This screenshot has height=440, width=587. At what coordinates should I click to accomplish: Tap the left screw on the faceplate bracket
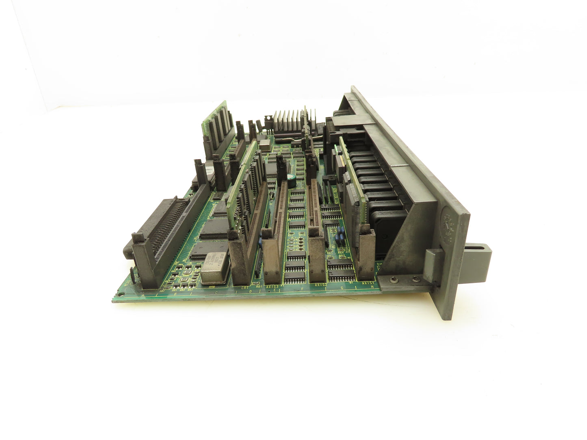[394, 278]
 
